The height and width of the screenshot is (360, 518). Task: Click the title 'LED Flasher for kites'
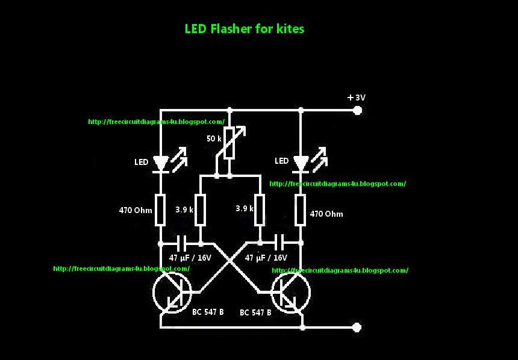[244, 29]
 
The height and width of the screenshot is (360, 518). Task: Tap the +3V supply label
[357, 97]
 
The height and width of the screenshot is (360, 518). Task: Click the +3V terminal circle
[357, 110]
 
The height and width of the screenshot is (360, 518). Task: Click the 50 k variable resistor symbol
[229, 143]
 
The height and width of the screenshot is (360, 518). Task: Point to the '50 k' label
[214, 138]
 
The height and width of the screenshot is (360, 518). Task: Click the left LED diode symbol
[160, 163]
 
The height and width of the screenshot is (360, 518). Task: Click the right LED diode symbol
[301, 163]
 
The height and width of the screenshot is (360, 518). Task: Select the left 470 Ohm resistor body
[160, 209]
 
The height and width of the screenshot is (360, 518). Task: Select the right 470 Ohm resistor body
[301, 209]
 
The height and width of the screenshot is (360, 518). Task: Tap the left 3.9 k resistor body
[201, 209]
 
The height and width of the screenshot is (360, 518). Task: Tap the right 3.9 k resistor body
[260, 209]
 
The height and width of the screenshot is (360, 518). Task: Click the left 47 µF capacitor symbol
[181, 243]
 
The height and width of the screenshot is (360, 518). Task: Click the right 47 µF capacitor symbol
[280, 243]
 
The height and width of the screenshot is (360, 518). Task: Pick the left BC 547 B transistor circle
[172, 293]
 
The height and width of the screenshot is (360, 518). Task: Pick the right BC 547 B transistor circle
[291, 293]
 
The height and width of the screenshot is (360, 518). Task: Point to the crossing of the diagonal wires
[230, 264]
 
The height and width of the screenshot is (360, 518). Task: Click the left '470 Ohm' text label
[136, 211]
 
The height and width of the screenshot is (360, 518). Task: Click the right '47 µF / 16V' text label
[266, 257]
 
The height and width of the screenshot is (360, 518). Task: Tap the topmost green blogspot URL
[156, 122]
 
